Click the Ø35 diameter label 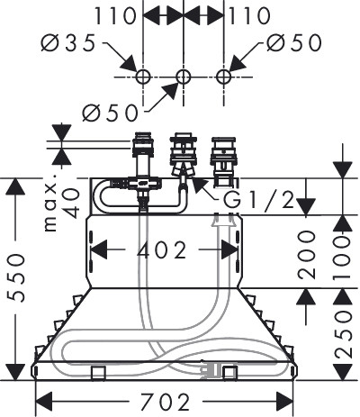tap(68, 43)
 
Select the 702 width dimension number tap(166, 402)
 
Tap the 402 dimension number tap(161, 250)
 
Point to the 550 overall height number tap(15, 277)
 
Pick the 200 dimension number tap(306, 255)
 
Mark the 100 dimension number tap(343, 257)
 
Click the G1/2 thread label tap(259, 200)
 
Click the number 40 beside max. tap(72, 204)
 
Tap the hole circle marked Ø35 tap(142, 77)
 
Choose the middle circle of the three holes tap(183, 77)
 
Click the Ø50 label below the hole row tap(111, 113)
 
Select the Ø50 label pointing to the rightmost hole tap(294, 42)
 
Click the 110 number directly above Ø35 tap(115, 16)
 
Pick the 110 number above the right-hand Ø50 tap(249, 16)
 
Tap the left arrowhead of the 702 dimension tap(44, 402)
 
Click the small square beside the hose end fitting tap(230, 373)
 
